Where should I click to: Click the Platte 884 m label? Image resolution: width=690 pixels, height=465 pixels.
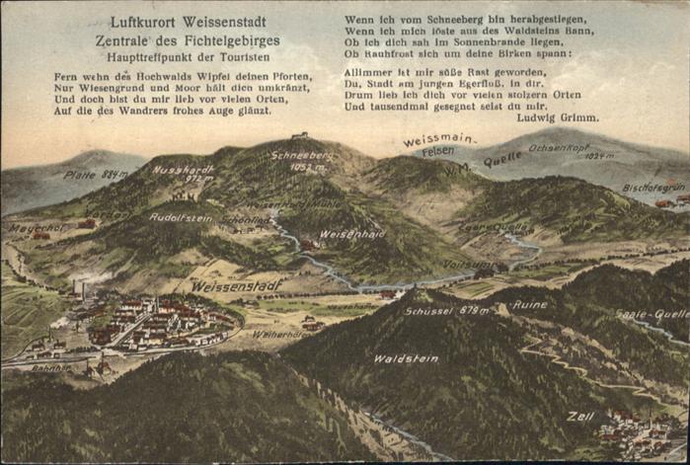[96, 175]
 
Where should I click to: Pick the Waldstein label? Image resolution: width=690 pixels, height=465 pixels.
[406, 358]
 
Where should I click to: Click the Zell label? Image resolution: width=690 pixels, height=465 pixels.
[580, 416]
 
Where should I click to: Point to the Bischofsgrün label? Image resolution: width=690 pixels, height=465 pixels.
[653, 187]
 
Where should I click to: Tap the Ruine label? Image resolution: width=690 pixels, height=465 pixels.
[529, 304]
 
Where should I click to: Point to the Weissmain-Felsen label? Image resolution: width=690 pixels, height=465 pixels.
[437, 144]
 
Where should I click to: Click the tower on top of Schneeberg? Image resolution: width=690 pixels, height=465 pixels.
[299, 136]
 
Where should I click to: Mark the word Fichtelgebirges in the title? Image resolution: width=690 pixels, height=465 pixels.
[226, 41]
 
